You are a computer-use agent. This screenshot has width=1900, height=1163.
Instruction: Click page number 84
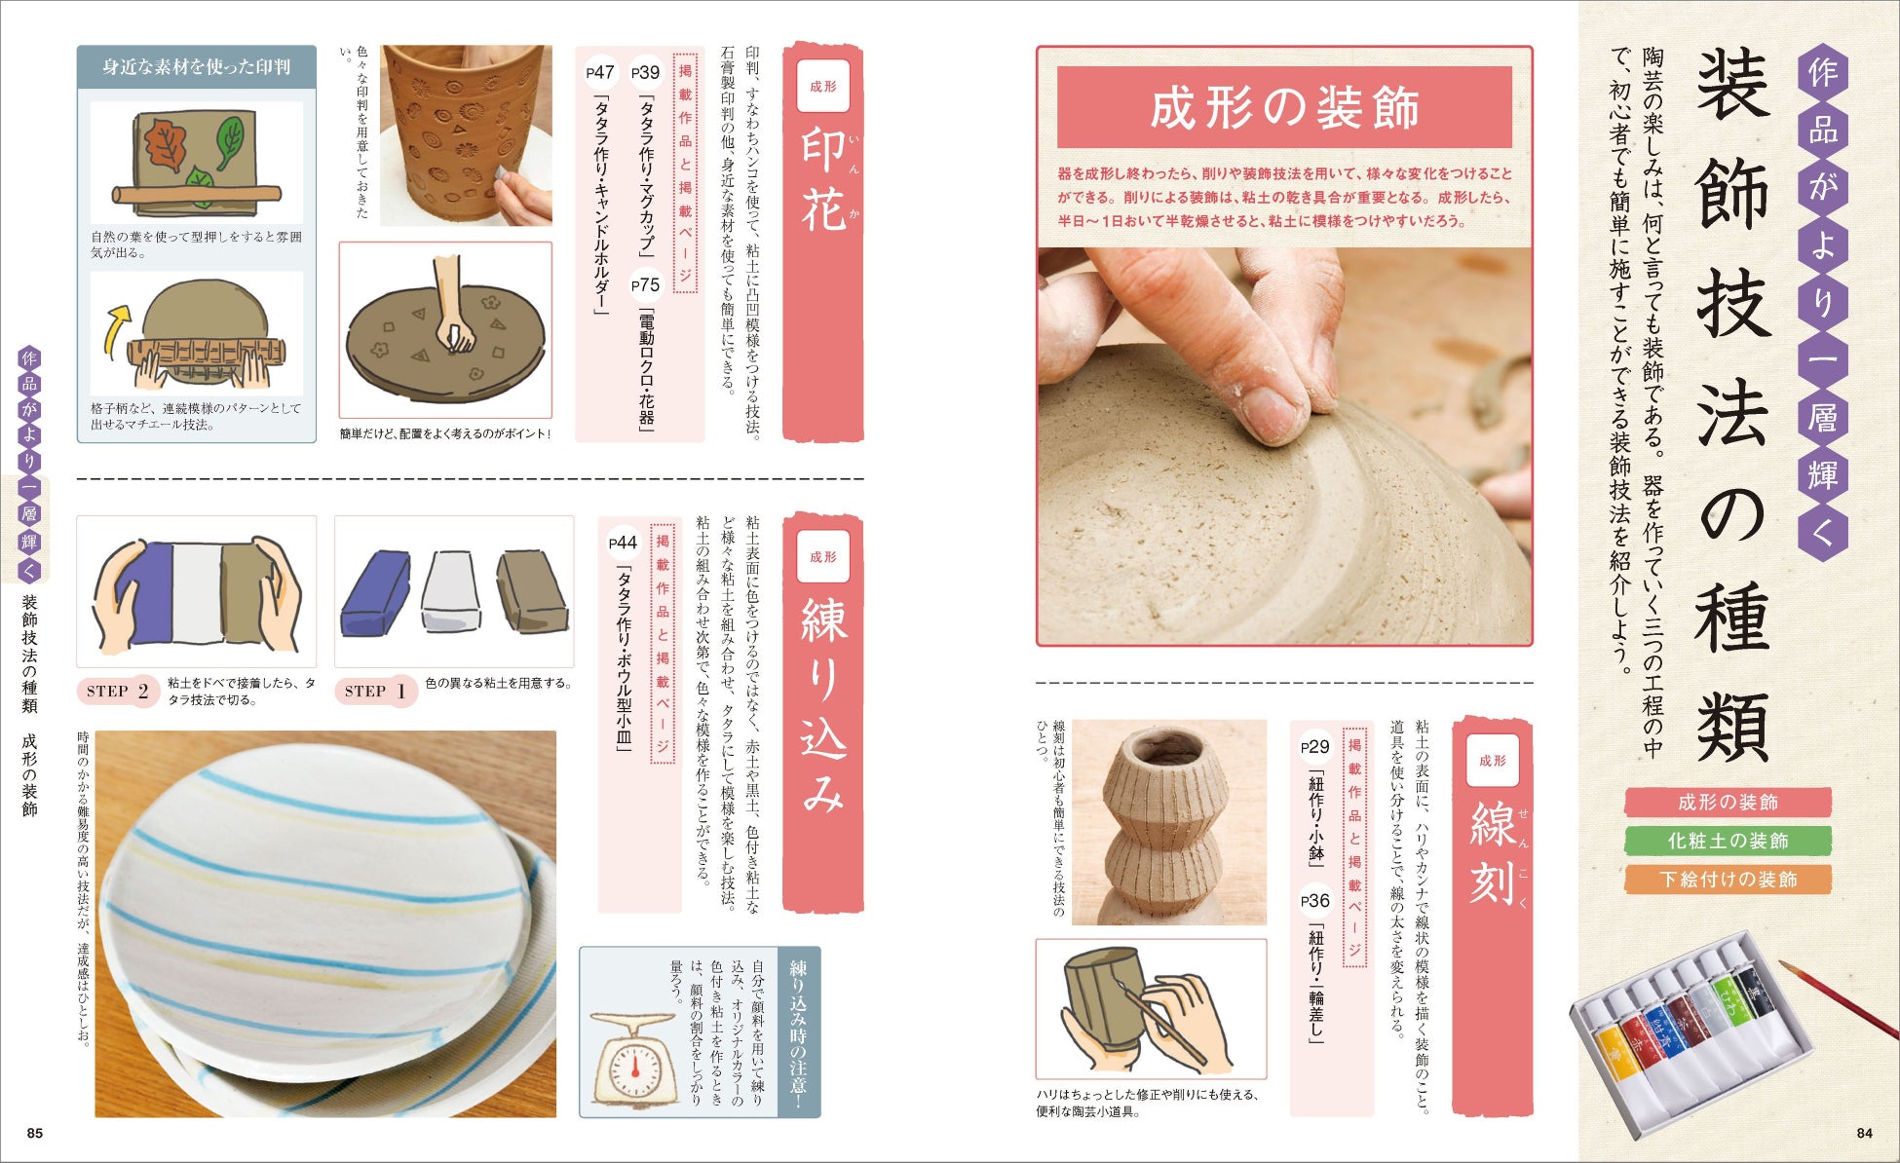(1864, 1133)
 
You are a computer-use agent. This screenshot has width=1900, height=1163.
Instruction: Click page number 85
(35, 1133)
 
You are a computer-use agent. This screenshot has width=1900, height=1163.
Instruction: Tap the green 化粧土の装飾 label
(1728, 841)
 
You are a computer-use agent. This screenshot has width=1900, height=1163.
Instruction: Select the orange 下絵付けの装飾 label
(1728, 880)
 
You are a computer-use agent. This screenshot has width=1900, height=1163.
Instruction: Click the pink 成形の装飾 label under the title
(1728, 803)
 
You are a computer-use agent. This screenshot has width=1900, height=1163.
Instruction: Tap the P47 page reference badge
(600, 72)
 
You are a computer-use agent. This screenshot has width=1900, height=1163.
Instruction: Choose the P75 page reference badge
(645, 285)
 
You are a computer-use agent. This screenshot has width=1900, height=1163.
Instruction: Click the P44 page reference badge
(623, 544)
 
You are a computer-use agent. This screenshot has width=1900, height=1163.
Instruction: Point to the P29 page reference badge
(1315, 747)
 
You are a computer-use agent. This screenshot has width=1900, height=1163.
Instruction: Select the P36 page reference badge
(1315, 901)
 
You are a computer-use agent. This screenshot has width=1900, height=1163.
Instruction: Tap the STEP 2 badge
(118, 692)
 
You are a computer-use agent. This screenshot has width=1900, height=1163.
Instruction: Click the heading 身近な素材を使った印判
(197, 67)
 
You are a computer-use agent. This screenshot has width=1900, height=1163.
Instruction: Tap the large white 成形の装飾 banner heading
(1284, 108)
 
